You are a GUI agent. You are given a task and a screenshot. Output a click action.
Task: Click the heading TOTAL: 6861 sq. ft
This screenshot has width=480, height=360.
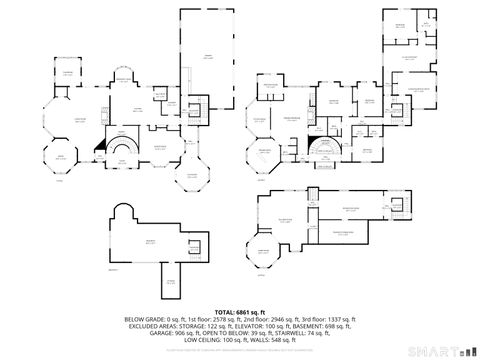[x=239, y=312]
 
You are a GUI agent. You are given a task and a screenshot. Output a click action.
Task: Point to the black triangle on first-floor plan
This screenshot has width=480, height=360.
[x=100, y=145]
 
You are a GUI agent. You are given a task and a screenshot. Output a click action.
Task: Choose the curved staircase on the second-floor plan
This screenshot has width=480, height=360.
[x=322, y=151]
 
